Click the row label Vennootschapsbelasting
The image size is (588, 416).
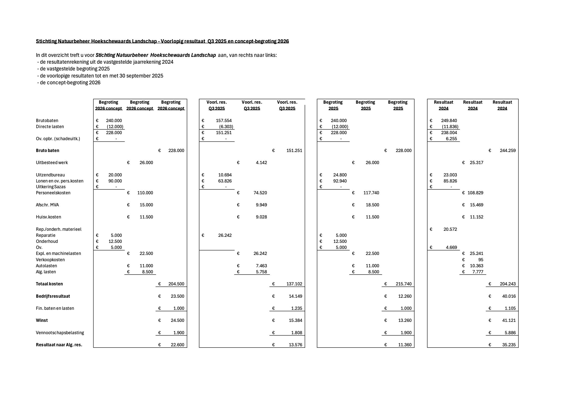(x=60, y=333)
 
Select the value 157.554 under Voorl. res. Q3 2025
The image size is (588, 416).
(x=224, y=121)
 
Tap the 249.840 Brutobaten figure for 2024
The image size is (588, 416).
(x=449, y=121)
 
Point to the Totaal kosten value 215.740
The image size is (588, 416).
(x=404, y=284)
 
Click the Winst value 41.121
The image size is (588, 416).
(x=509, y=320)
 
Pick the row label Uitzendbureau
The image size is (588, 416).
(x=50, y=175)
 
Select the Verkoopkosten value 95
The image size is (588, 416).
(x=480, y=260)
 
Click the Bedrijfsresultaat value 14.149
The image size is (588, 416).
(x=295, y=296)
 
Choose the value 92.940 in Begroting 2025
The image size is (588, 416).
(x=340, y=181)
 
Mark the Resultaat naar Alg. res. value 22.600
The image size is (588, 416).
(x=178, y=345)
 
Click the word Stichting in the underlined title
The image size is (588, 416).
(x=46, y=41)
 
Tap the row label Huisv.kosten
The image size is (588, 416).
(x=48, y=217)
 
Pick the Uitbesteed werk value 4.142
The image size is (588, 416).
(x=261, y=163)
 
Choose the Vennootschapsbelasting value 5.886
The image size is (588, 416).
(x=509, y=333)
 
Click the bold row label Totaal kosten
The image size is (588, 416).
(x=49, y=284)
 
